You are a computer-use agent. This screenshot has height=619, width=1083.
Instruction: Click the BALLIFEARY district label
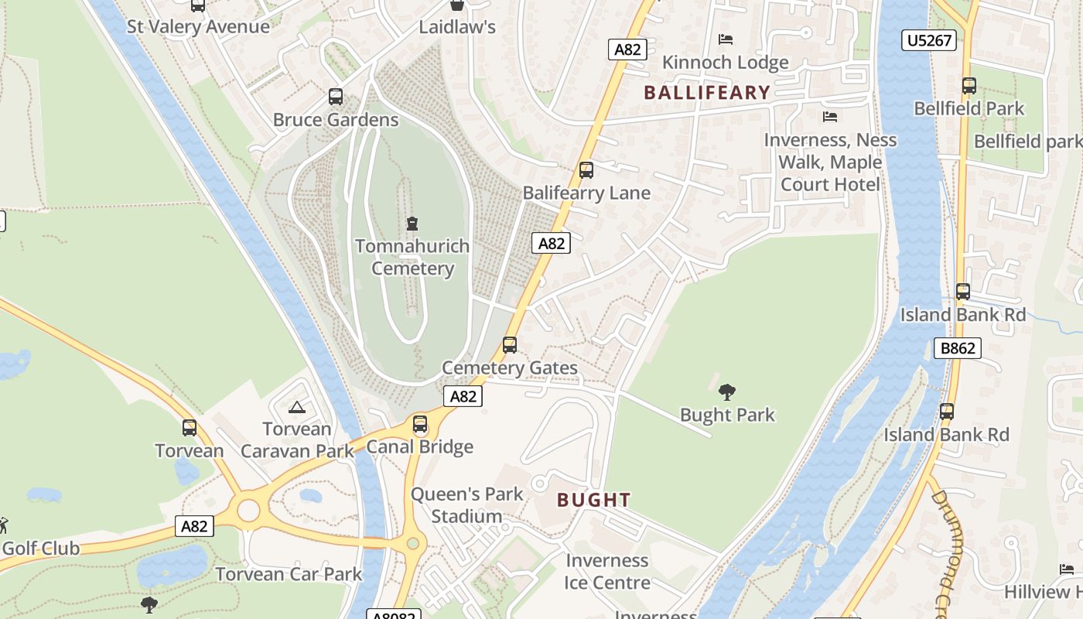click(707, 93)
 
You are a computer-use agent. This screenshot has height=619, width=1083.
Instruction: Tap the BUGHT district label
click(594, 500)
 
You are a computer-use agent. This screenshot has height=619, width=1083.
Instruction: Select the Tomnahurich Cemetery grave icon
click(412, 224)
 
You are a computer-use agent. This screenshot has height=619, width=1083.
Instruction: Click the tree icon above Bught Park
click(726, 392)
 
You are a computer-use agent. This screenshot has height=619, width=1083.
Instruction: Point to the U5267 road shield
click(928, 40)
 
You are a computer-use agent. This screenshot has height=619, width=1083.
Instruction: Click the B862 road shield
click(957, 348)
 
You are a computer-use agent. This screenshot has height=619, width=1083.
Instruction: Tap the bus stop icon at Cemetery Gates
click(510, 345)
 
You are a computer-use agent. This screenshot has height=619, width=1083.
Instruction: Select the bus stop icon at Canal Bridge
click(420, 424)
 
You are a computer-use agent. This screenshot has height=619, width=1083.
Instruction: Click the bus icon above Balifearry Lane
click(586, 170)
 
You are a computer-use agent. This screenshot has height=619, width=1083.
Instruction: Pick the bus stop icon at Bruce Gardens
click(336, 97)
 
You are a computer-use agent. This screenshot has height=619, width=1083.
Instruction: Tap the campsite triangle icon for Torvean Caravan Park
click(296, 407)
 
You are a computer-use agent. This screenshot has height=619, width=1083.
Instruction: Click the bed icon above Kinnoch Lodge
click(726, 39)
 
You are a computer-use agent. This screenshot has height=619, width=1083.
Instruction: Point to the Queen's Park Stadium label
click(466, 504)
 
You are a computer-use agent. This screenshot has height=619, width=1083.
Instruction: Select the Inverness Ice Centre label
click(607, 571)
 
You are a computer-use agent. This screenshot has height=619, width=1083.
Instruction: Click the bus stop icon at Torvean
click(190, 427)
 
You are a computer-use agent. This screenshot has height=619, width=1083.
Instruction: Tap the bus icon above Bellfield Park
click(969, 86)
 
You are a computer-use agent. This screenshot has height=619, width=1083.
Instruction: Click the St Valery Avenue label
click(198, 26)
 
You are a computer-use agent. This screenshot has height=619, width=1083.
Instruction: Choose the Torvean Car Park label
click(289, 574)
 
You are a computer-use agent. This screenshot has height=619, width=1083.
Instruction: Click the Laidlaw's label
click(456, 27)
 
